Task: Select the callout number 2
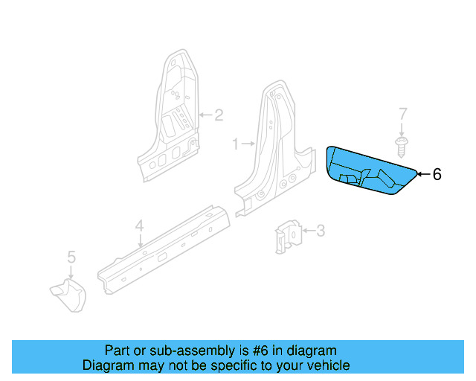[219, 115]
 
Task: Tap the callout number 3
[321, 231]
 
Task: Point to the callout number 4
[139, 225]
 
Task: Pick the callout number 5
[71, 257]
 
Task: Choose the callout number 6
[437, 174]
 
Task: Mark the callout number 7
[403, 114]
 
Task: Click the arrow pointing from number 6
[423, 174]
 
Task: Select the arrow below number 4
[140, 240]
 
